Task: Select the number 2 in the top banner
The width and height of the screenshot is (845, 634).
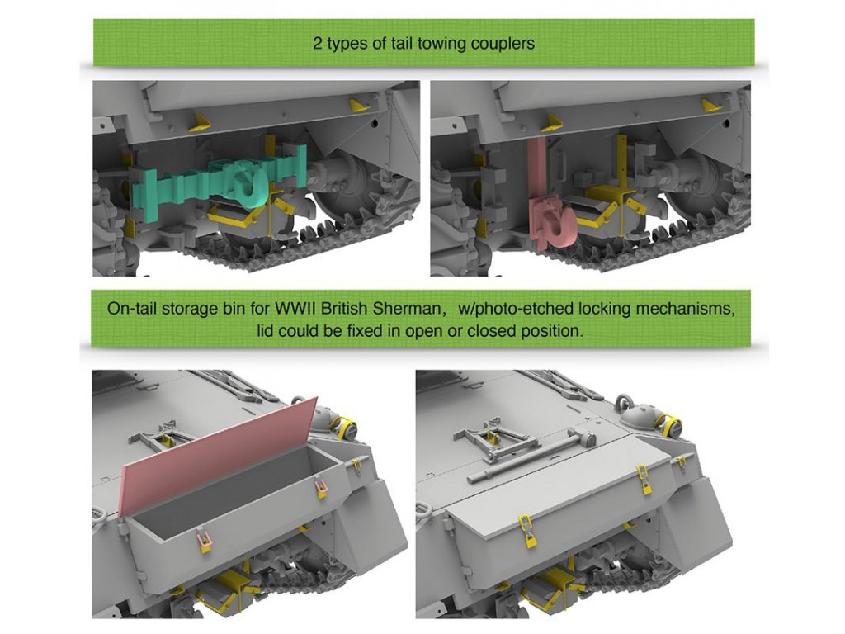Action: click(x=318, y=43)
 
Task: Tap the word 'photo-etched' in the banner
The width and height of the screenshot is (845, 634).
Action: click(x=522, y=310)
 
